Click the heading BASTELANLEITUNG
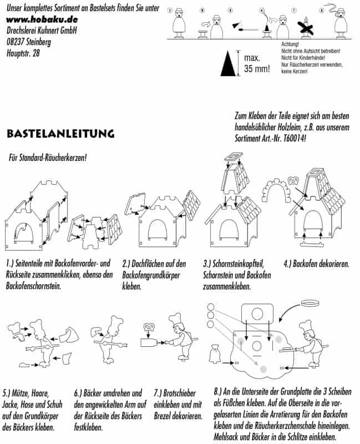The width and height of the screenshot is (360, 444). coord(60,134)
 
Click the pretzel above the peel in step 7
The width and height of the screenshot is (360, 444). coord(149,329)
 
